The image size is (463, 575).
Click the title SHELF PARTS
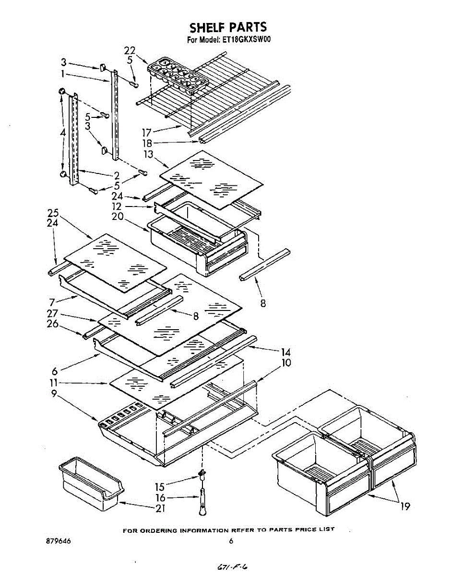coord(228,27)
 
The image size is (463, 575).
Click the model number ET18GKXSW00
coord(246,40)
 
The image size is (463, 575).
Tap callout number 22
coord(130,51)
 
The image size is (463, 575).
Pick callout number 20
coord(118,216)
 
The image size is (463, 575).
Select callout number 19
coord(405,506)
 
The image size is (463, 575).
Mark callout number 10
coord(286,363)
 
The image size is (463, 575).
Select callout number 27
coord(53,313)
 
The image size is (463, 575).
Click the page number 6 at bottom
coord(231,541)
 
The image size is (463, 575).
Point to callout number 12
coord(117,206)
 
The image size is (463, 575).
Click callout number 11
coord(54,382)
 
